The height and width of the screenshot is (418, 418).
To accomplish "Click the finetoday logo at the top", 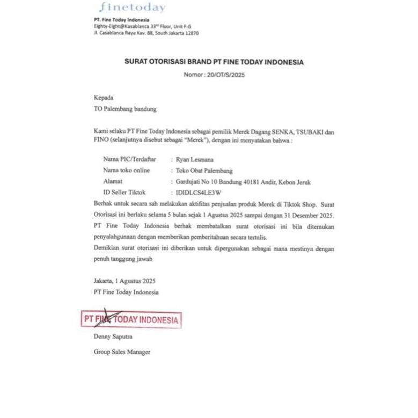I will tap(132, 8).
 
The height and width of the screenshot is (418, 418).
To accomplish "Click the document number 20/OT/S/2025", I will tap(222, 75).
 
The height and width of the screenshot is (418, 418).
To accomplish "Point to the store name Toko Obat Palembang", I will tap(204, 171).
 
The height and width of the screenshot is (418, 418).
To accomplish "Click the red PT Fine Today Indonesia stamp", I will tap(131, 319).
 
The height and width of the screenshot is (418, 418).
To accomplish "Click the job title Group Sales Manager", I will tap(122, 352).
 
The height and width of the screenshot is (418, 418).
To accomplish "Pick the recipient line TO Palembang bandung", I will tap(125, 109).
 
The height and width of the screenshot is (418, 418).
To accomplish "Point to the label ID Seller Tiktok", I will tap(124, 192).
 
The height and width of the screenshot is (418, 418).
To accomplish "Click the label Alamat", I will tap(112, 181).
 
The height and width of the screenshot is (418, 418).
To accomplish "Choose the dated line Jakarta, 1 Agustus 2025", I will tap(124, 281).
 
